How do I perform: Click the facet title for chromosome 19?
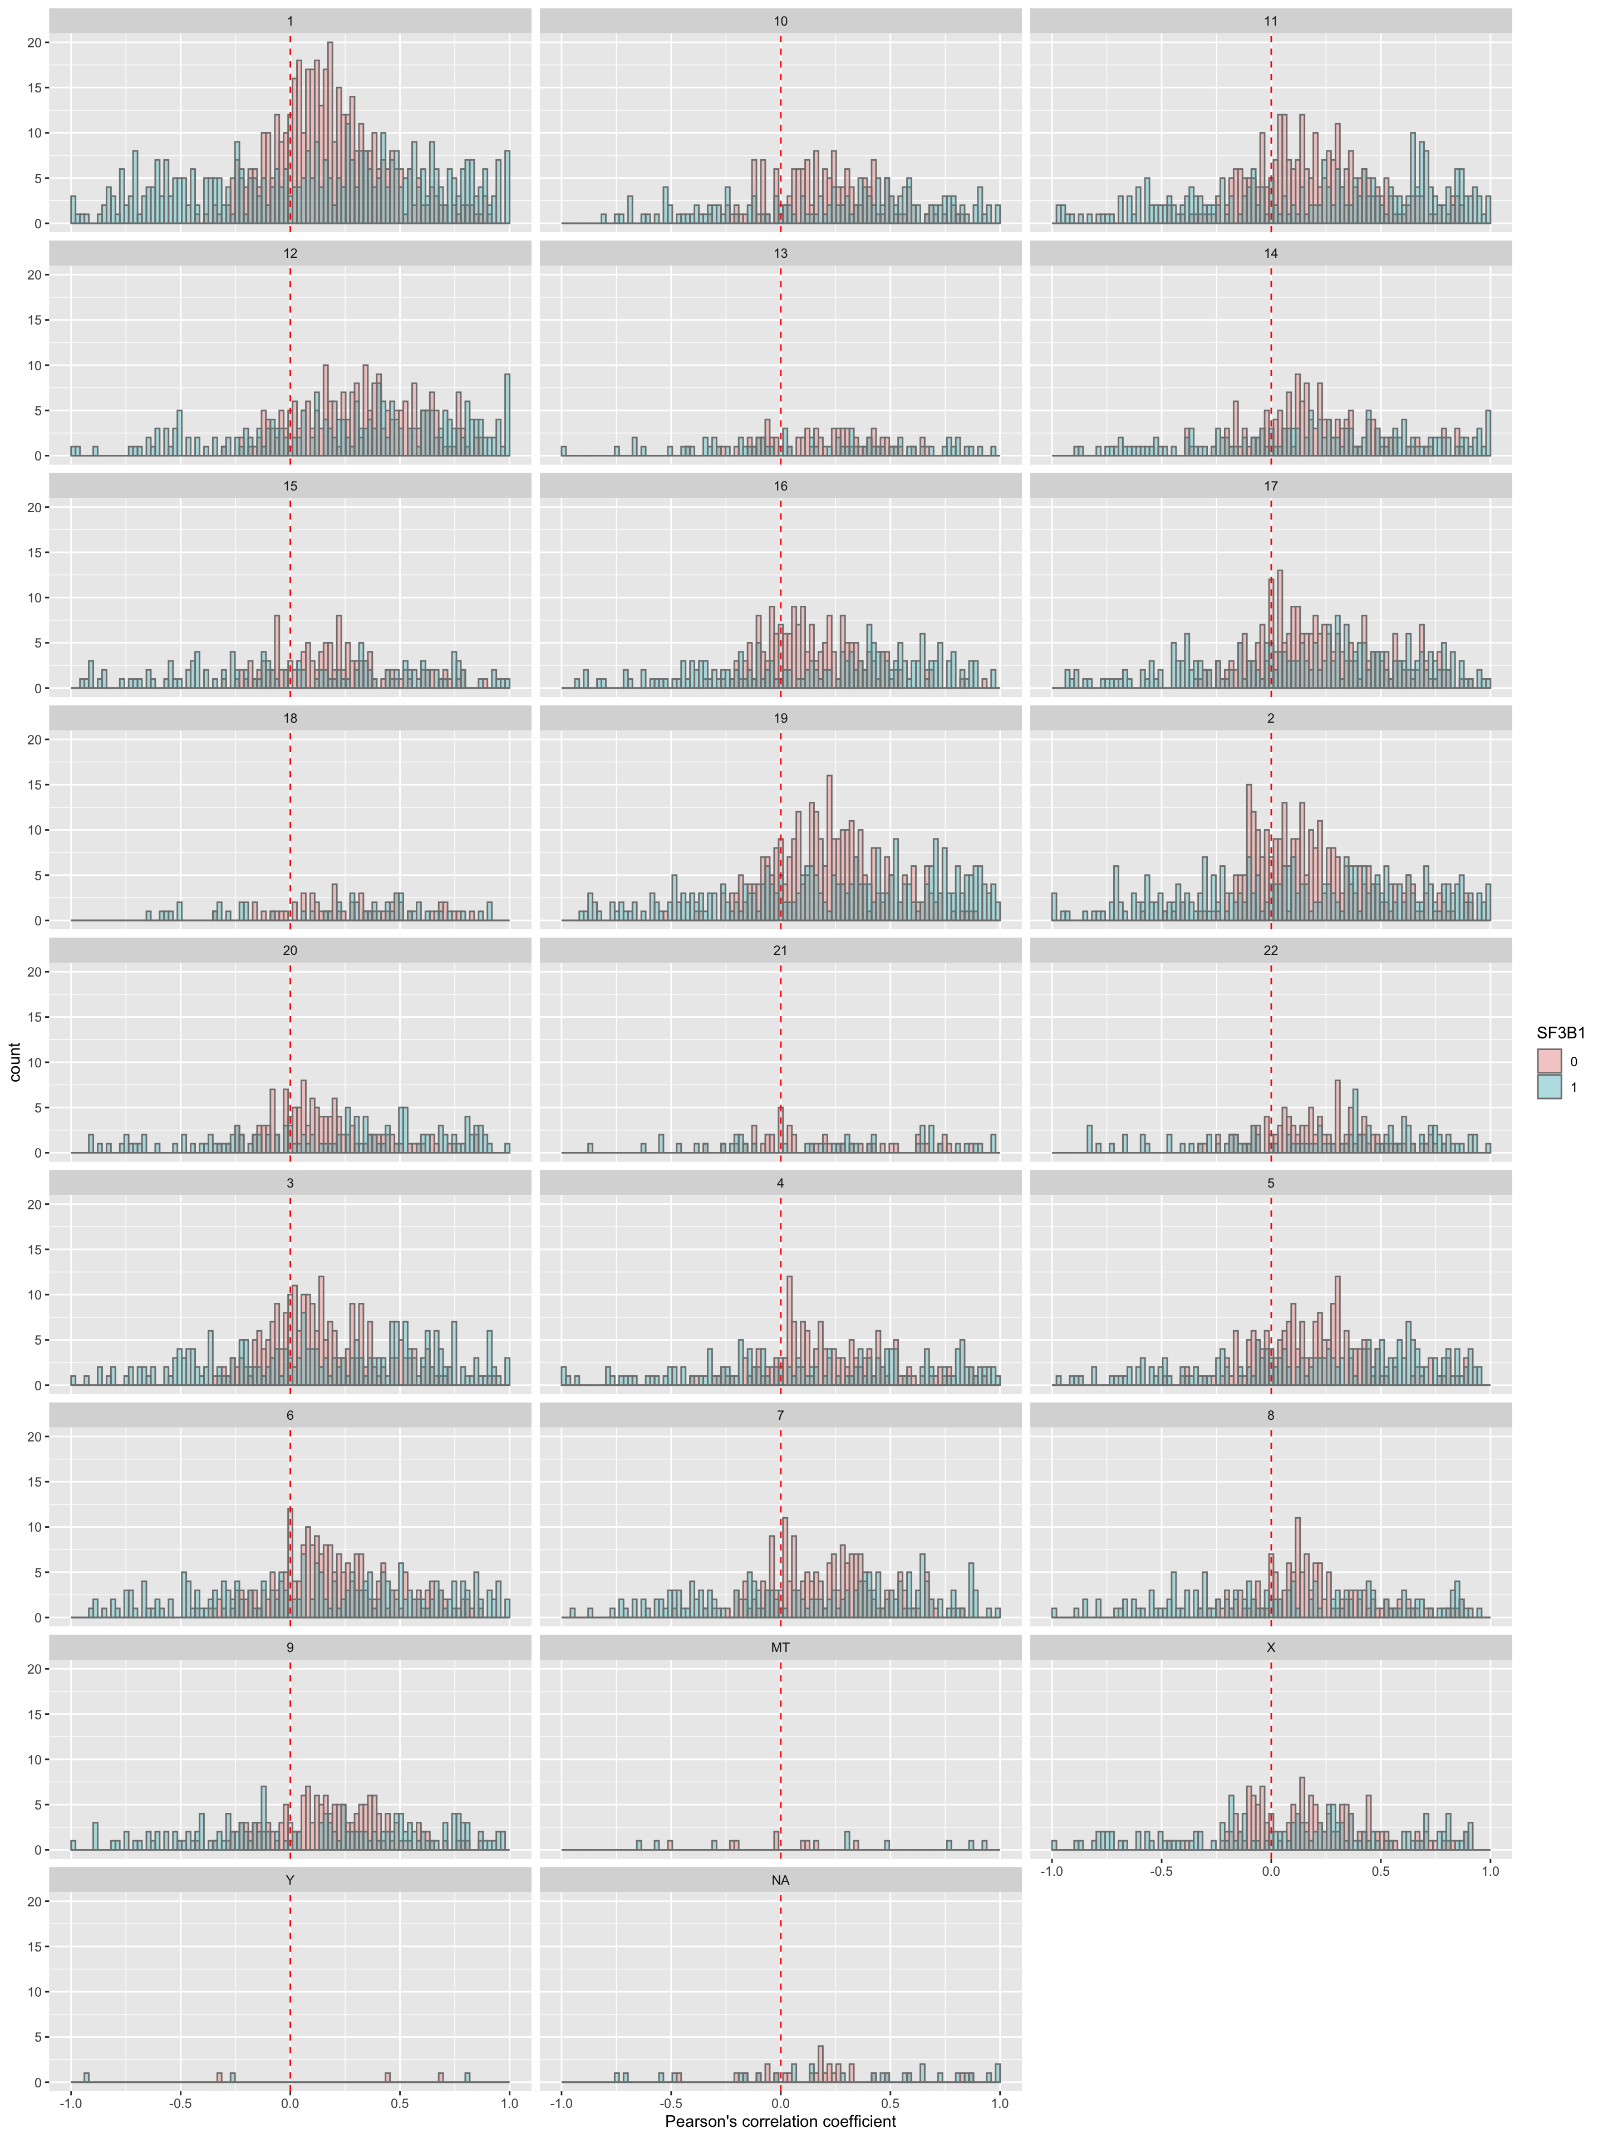tap(780, 718)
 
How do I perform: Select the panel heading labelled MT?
tap(780, 1647)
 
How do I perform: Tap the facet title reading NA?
tap(780, 1880)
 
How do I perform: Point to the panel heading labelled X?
tap(1270, 1647)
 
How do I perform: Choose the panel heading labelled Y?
tap(290, 1880)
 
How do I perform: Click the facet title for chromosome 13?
tap(780, 253)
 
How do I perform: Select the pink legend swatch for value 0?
tap(1549, 1061)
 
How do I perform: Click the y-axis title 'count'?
tap(14, 1061)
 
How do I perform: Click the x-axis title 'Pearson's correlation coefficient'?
tap(780, 2121)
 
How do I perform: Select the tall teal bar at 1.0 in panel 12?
tap(507, 415)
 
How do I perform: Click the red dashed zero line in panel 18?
tap(290, 822)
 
